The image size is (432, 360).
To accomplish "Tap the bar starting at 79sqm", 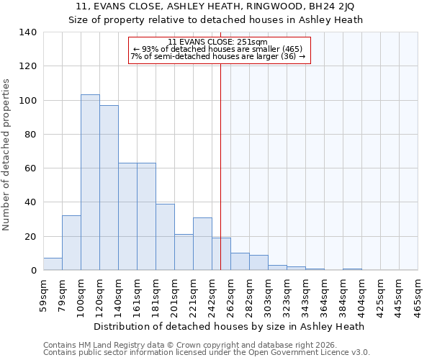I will [71, 243].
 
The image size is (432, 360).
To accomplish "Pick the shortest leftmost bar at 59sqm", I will [53, 264].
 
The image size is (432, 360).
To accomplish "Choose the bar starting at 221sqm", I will [202, 243].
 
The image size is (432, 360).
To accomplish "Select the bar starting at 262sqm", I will [240, 261].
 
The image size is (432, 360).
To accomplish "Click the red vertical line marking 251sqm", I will [220, 166].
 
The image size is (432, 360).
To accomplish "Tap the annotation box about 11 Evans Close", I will [219, 50].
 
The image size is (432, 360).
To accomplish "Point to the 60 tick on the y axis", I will [31, 168].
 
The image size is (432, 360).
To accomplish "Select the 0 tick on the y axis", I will [34, 271].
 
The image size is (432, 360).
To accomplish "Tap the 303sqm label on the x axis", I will [268, 294].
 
